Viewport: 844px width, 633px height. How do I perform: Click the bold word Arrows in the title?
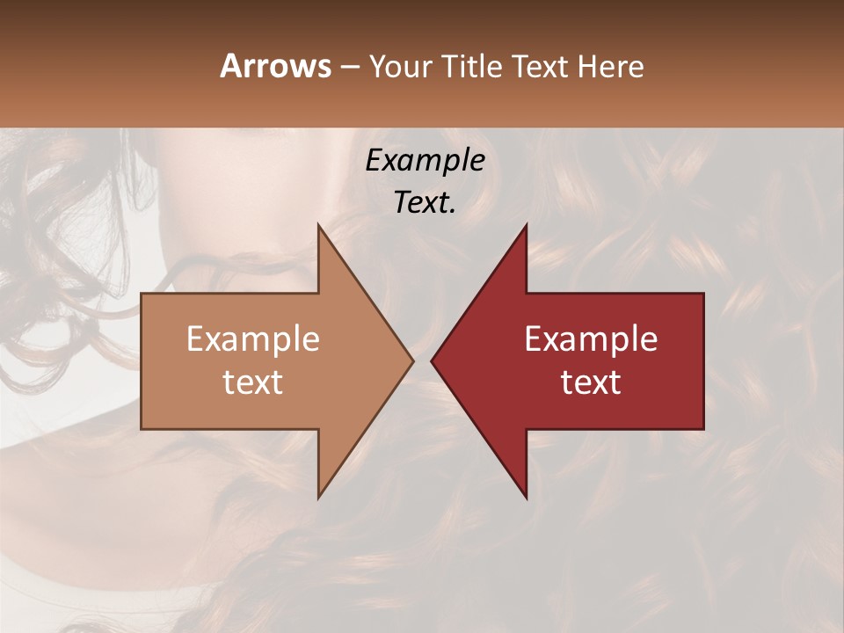pyautogui.click(x=275, y=66)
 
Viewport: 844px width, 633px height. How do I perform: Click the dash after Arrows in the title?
pyautogui.click(x=350, y=68)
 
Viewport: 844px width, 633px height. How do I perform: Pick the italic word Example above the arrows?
pyautogui.click(x=425, y=161)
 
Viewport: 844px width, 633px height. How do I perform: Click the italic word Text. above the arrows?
pyautogui.click(x=425, y=202)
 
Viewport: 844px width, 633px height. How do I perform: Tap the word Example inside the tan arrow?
pyautogui.click(x=253, y=338)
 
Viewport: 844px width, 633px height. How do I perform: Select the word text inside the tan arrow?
pyautogui.click(x=253, y=382)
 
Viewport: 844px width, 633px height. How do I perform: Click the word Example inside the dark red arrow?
pyautogui.click(x=591, y=338)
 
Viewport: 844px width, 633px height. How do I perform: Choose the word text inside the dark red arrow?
pyautogui.click(x=591, y=382)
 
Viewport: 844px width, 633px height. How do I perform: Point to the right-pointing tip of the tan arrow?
pyautogui.click(x=411, y=360)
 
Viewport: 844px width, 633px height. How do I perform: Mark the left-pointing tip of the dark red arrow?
pyautogui.click(x=433, y=360)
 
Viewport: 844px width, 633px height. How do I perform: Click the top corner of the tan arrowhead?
pyautogui.click(x=319, y=226)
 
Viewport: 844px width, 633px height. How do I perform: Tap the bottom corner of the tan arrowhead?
pyautogui.click(x=319, y=497)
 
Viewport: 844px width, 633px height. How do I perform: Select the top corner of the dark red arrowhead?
pyautogui.click(x=526, y=226)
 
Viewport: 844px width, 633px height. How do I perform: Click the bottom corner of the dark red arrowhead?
pyautogui.click(x=526, y=497)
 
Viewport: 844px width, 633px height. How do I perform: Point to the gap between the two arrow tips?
pyautogui.click(x=422, y=360)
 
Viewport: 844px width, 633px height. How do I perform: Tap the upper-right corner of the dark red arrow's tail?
pyautogui.click(x=702, y=295)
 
